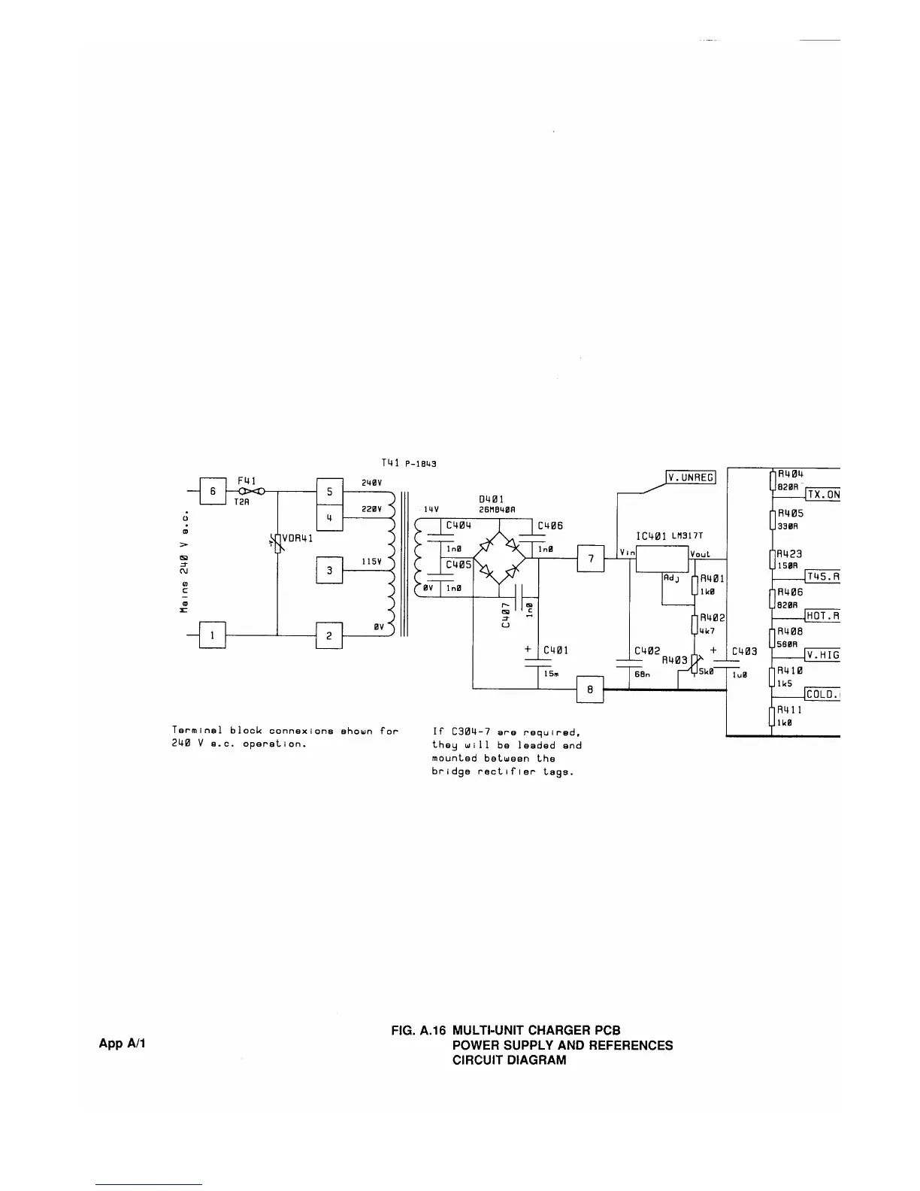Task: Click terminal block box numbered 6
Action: [x=212, y=491]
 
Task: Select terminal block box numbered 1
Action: [x=212, y=635]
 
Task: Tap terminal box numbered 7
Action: [x=591, y=559]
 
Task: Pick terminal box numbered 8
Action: [x=590, y=689]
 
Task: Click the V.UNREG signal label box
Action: [x=692, y=477]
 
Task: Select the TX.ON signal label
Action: [x=822, y=494]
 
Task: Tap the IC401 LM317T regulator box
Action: [x=661, y=559]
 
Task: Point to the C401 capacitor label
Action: [x=555, y=650]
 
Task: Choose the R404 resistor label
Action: [x=790, y=474]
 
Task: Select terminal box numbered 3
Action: [x=329, y=571]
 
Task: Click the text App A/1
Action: [x=123, y=1044]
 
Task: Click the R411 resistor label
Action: [x=789, y=709]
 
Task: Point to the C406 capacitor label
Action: [x=550, y=526]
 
